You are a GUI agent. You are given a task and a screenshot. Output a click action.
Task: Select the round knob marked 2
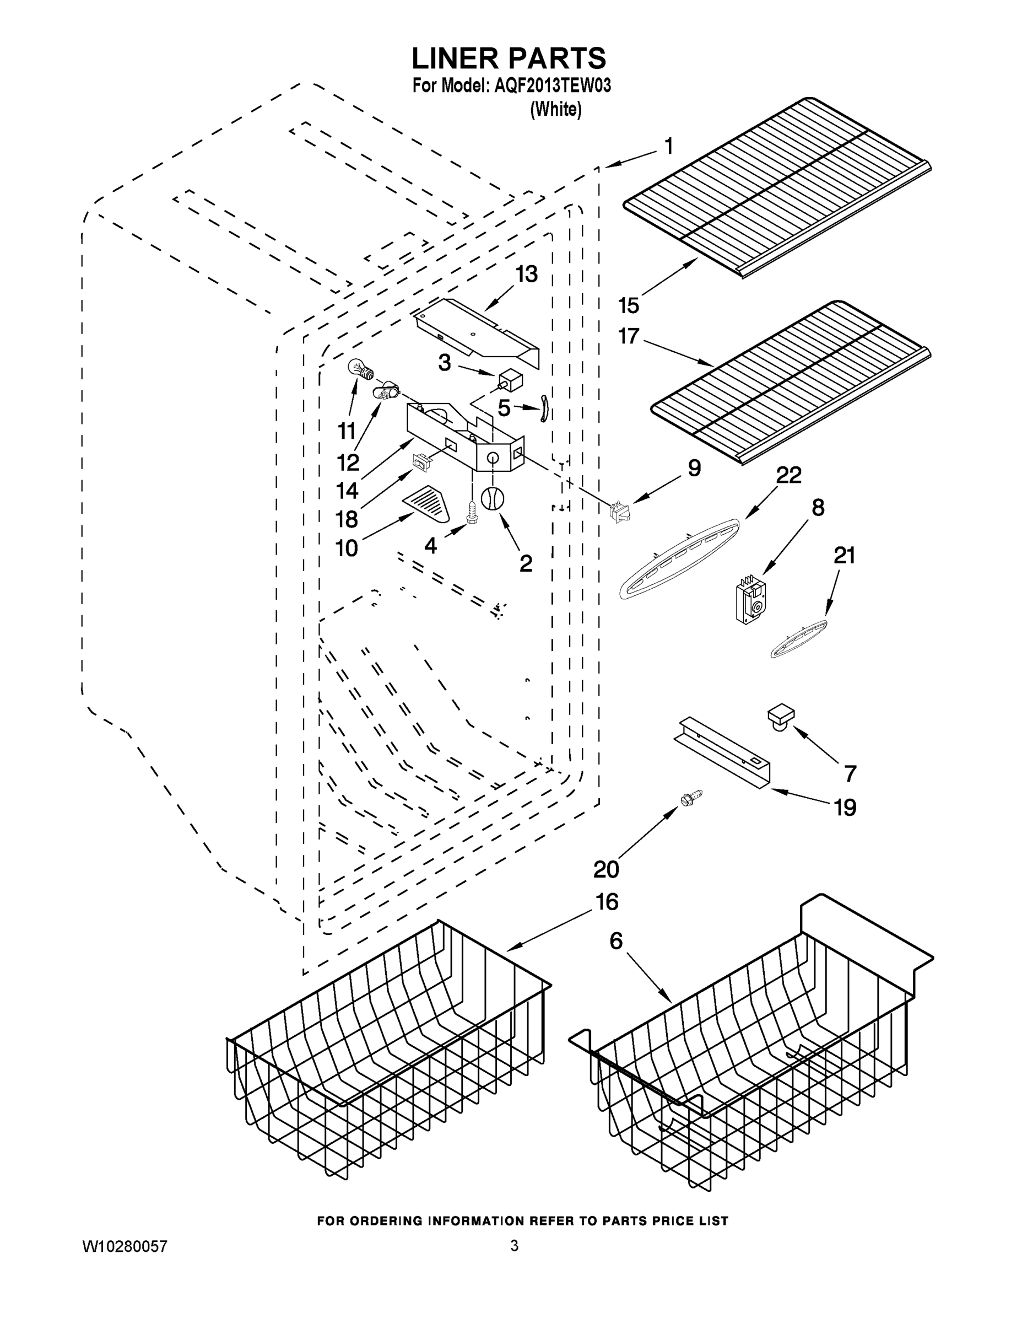pos(492,498)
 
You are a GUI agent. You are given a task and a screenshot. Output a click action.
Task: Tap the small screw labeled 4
pos(471,510)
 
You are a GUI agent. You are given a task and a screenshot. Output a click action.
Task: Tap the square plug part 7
pos(781,716)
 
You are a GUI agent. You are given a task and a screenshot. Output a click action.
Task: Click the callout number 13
pos(526,275)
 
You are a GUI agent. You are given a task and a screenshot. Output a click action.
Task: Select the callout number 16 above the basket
pos(607,902)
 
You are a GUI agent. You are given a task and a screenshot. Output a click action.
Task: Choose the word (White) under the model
pos(555,110)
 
